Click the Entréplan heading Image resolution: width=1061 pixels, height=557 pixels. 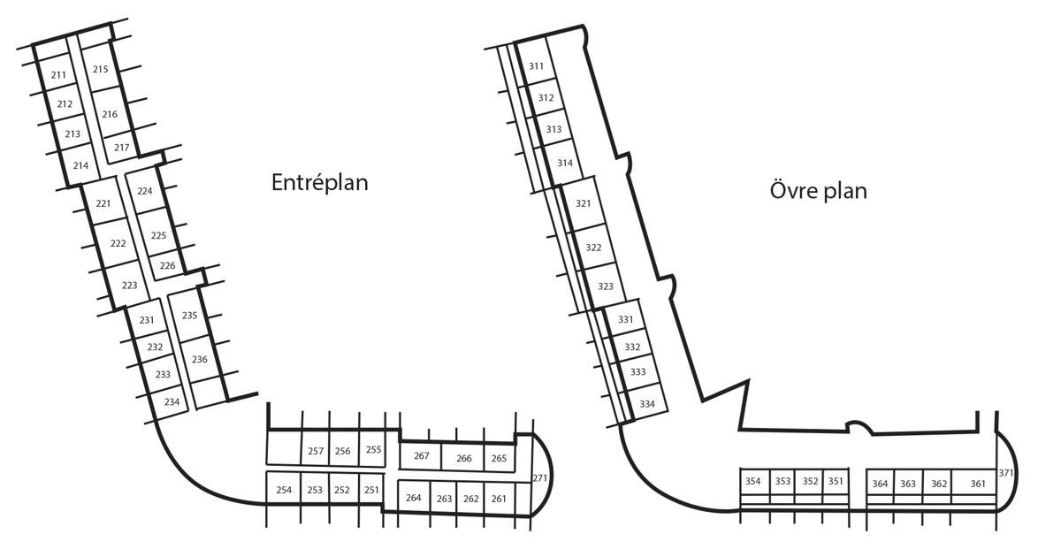319,183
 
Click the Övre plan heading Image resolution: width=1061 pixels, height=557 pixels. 818,191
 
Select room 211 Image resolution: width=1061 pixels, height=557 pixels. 58,75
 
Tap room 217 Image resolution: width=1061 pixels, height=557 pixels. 122,148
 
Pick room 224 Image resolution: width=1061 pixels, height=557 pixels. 145,191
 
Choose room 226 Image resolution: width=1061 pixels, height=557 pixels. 167,265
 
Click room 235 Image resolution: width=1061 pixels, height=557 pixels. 189,315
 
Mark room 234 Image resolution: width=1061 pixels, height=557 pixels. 172,401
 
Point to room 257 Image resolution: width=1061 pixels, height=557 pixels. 316,451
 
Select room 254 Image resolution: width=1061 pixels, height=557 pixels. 284,490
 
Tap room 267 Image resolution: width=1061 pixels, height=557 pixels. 422,456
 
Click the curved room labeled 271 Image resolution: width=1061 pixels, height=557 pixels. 541,477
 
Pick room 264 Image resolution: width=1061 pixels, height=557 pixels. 414,498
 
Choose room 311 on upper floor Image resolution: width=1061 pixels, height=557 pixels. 537,66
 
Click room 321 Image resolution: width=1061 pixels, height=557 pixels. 583,203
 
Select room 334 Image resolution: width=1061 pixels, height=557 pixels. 647,404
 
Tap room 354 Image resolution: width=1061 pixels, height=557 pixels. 753,482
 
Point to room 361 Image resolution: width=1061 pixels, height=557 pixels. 977,484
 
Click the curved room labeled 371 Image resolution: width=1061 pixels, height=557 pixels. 1006,473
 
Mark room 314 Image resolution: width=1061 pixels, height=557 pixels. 565,163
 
